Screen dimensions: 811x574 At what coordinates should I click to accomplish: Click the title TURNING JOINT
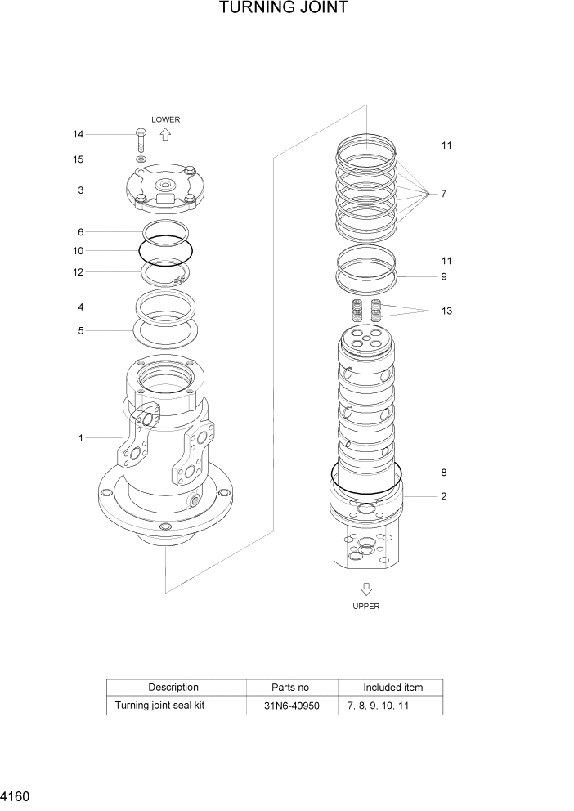284,8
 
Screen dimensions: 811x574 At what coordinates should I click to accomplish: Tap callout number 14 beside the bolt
78,134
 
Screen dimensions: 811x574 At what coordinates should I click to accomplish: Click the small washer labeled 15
141,159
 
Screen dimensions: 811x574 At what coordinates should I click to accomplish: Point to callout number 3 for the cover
80,190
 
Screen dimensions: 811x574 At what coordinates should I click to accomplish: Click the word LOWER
165,119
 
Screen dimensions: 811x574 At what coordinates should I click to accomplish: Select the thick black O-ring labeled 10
166,248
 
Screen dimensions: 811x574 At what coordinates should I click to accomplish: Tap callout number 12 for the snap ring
78,272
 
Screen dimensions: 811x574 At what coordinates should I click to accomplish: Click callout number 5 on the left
80,331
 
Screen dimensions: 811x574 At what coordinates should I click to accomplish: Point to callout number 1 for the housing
80,438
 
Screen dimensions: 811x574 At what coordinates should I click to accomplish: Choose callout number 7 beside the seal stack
443,194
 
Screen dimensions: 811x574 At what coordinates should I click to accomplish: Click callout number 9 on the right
443,276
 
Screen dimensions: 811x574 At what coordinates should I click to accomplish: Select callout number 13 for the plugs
446,311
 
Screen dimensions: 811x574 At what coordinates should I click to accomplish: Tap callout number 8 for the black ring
443,473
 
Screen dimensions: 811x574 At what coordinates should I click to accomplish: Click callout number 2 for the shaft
443,495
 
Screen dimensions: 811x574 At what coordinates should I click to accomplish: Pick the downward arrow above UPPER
366,589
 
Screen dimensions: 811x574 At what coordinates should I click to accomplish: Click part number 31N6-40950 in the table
291,705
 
